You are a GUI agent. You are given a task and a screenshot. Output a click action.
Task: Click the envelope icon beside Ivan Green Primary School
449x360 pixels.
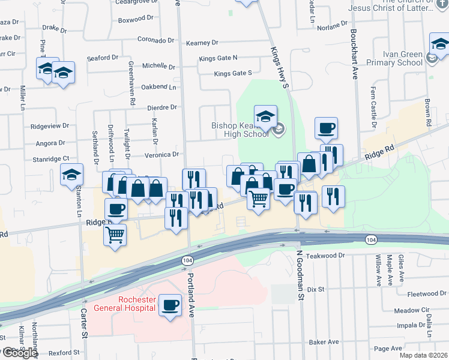[432, 59]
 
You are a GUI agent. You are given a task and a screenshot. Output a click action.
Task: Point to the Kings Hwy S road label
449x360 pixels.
[280, 67]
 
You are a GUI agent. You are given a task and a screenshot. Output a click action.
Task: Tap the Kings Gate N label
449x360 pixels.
[218, 58]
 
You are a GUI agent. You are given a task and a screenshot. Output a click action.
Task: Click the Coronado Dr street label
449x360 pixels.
[154, 40]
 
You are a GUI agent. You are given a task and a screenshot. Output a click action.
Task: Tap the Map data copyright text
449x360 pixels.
[423, 355]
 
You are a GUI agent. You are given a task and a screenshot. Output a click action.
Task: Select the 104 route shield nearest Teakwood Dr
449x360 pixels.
[372, 239]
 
